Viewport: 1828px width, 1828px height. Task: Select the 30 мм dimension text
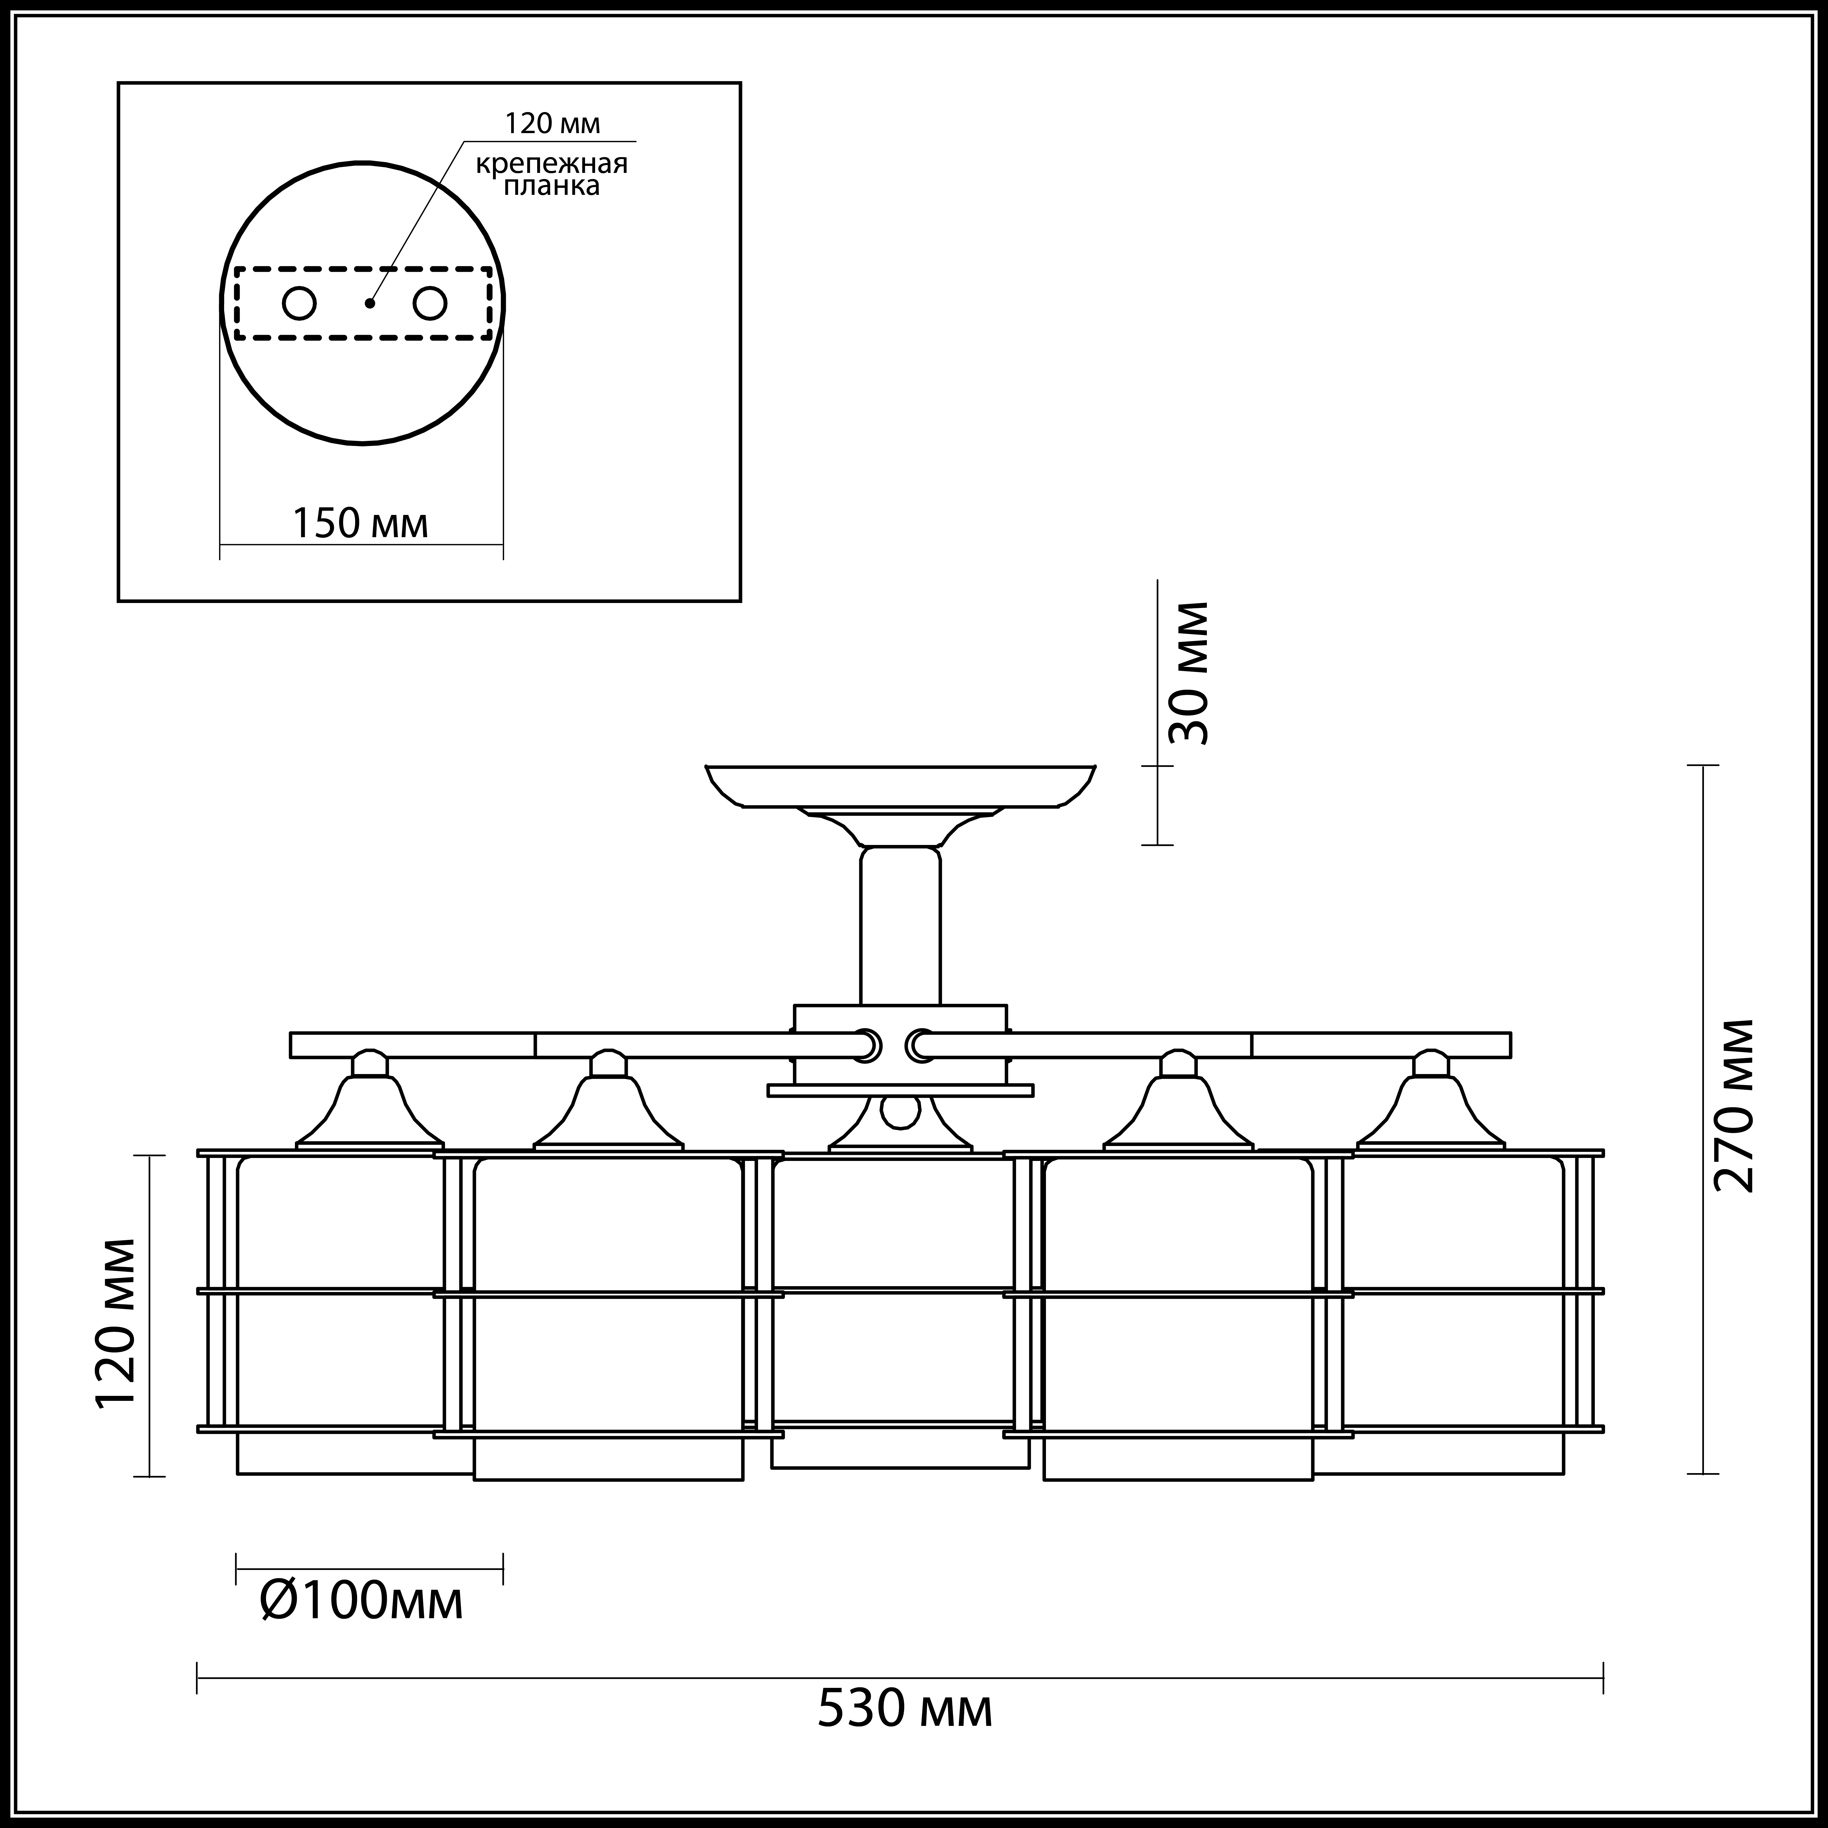(x=1188, y=673)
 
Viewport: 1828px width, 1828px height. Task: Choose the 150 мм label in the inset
(x=360, y=523)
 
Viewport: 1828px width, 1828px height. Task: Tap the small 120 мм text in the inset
(x=553, y=124)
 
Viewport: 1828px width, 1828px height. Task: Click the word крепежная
(x=552, y=164)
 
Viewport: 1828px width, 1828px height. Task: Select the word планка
(x=552, y=186)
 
